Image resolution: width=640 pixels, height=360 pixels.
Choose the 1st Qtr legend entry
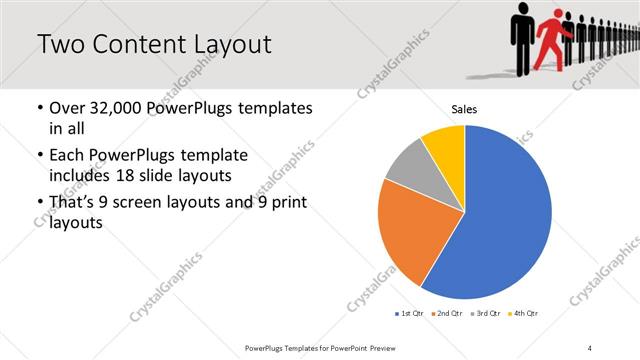coord(409,314)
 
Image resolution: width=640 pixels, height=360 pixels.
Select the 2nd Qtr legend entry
coord(446,314)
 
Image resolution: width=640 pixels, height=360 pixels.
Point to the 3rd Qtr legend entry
coord(484,314)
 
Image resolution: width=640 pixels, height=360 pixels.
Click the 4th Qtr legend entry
coord(523,314)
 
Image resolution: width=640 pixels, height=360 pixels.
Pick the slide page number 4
coord(590,347)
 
